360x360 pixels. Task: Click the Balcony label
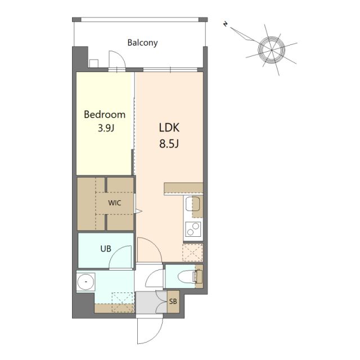pyautogui.click(x=142, y=43)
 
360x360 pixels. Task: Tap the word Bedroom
pyautogui.click(x=105, y=114)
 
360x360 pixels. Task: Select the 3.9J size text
pyautogui.click(x=106, y=128)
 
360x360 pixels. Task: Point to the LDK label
pyautogui.click(x=169, y=128)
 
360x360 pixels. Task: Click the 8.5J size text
pyautogui.click(x=169, y=144)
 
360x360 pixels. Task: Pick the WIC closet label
pyautogui.click(x=115, y=203)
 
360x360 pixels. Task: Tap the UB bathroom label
pyautogui.click(x=106, y=249)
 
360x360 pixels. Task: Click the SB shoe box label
pyautogui.click(x=173, y=301)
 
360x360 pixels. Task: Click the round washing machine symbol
pyautogui.click(x=85, y=282)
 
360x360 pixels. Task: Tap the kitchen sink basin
pyautogui.click(x=192, y=204)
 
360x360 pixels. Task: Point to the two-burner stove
pyautogui.click(x=193, y=229)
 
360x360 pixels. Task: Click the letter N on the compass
pyautogui.click(x=226, y=24)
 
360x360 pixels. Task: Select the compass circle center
pyautogui.click(x=271, y=49)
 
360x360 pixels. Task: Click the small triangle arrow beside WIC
pyautogui.click(x=139, y=211)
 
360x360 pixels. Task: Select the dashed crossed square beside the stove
pyautogui.click(x=192, y=253)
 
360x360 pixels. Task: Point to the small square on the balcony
pyautogui.click(x=94, y=64)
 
